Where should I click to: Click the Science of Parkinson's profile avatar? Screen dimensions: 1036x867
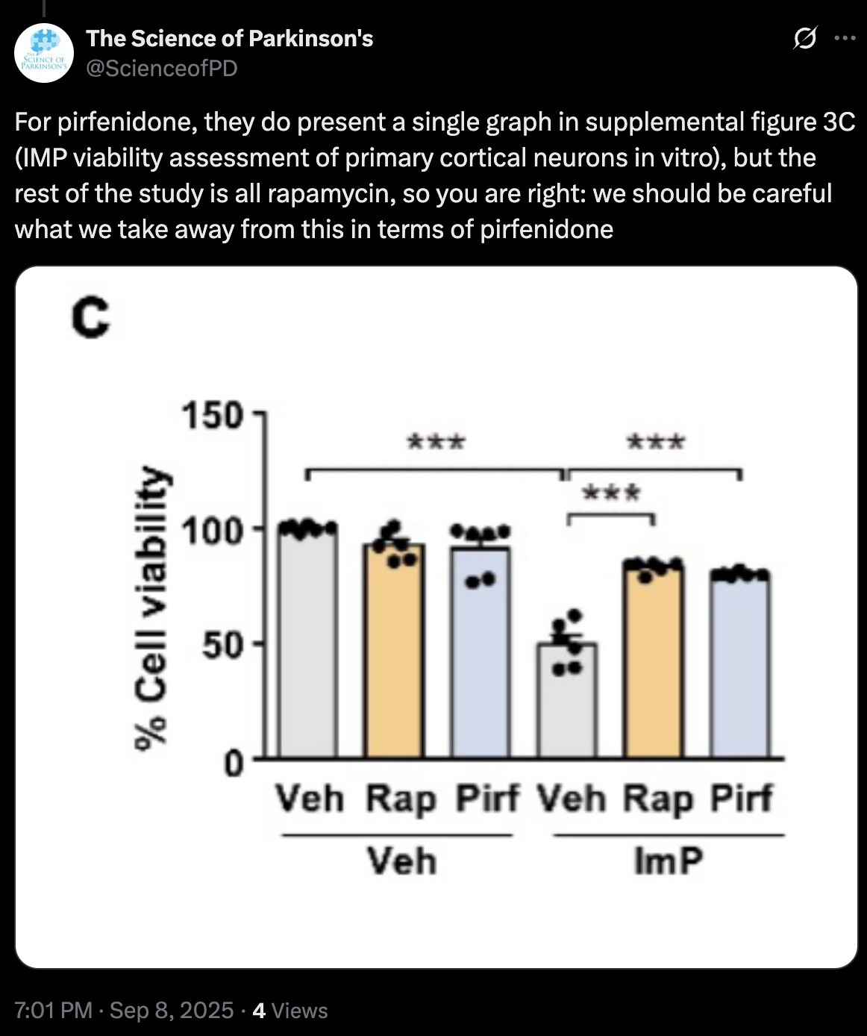coord(44,53)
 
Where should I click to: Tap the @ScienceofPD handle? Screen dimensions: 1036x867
coord(162,69)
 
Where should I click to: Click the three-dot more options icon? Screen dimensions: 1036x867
coord(845,38)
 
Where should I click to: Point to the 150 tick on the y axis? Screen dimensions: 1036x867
coord(213,415)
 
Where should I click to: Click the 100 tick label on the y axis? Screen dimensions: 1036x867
coord(213,531)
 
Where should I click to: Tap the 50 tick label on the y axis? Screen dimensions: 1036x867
coord(222,644)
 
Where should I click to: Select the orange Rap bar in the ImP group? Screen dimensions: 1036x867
coord(654,664)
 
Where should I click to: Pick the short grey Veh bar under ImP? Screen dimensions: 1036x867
coord(567,702)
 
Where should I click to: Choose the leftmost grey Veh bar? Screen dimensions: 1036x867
coord(307,642)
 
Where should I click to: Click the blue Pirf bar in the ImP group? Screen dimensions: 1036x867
coord(740,668)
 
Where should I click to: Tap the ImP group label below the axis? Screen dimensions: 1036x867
coord(668,861)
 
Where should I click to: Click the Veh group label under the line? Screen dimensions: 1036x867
coord(401,861)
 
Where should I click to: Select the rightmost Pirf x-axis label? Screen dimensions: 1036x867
coord(741,799)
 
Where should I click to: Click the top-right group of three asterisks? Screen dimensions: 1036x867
coord(656,442)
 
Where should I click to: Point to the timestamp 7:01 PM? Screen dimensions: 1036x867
coord(53,1011)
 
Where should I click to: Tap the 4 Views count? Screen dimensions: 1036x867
coord(290,1011)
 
